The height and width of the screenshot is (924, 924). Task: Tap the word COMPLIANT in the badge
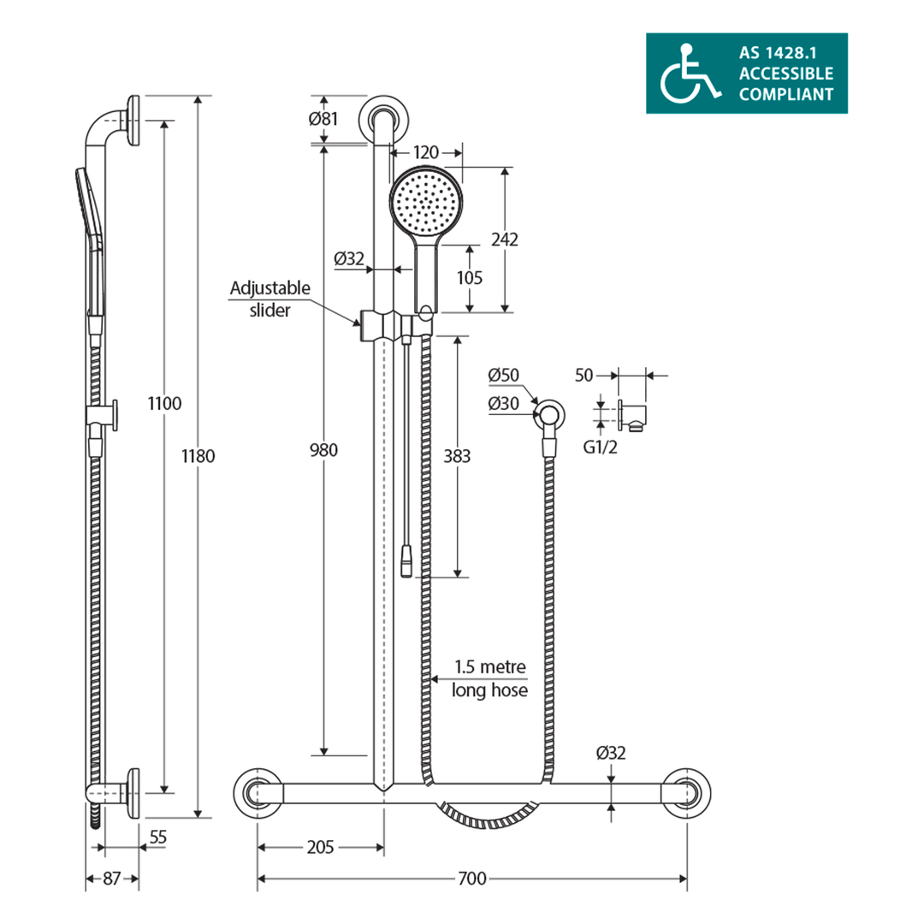[785, 94]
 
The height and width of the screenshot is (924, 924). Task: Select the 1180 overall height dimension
[198, 456]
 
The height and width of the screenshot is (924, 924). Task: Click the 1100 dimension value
[164, 403]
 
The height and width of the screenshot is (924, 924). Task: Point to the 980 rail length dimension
[324, 450]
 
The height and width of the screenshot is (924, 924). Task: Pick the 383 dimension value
[458, 456]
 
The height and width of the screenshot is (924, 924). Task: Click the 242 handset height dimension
[505, 240]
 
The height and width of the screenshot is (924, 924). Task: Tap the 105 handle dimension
[470, 277]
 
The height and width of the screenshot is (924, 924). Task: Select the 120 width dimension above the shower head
[426, 152]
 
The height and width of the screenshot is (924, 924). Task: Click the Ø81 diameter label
[323, 119]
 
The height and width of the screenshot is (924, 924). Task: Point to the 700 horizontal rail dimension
[471, 879]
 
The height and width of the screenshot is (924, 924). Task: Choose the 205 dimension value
[320, 847]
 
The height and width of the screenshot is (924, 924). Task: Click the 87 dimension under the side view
[112, 879]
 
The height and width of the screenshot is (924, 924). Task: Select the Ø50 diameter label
[505, 376]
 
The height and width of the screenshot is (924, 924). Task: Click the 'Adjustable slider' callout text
[269, 299]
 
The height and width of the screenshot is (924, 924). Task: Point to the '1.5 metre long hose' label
[489, 678]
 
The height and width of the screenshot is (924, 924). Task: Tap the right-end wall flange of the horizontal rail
[688, 792]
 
